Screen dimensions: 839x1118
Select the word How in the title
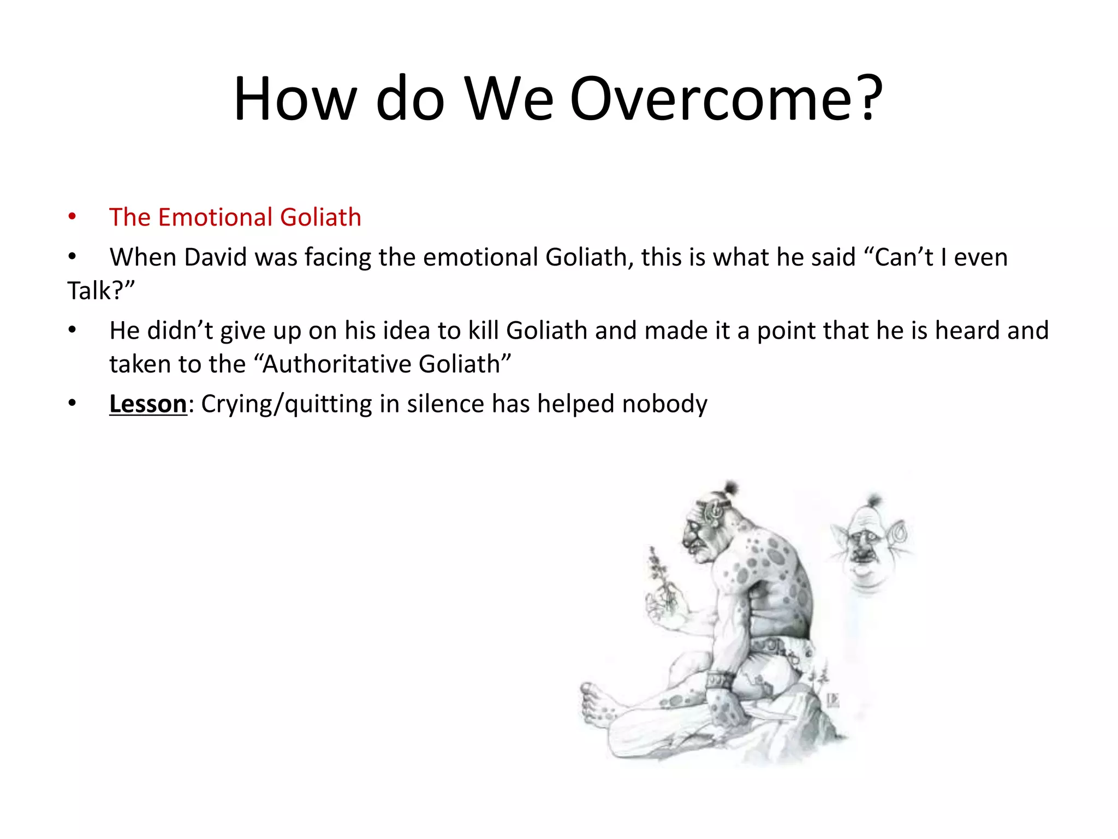pos(295,99)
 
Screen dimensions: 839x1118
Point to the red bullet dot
pos(72,217)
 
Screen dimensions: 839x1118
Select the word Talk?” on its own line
pos(100,291)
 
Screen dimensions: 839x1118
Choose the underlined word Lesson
pos(148,404)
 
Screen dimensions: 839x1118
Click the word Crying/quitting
pos(286,404)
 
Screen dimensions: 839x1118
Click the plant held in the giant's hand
pos(658,579)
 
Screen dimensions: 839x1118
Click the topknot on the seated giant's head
pos(730,487)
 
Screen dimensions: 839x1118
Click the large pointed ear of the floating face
pos(898,533)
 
